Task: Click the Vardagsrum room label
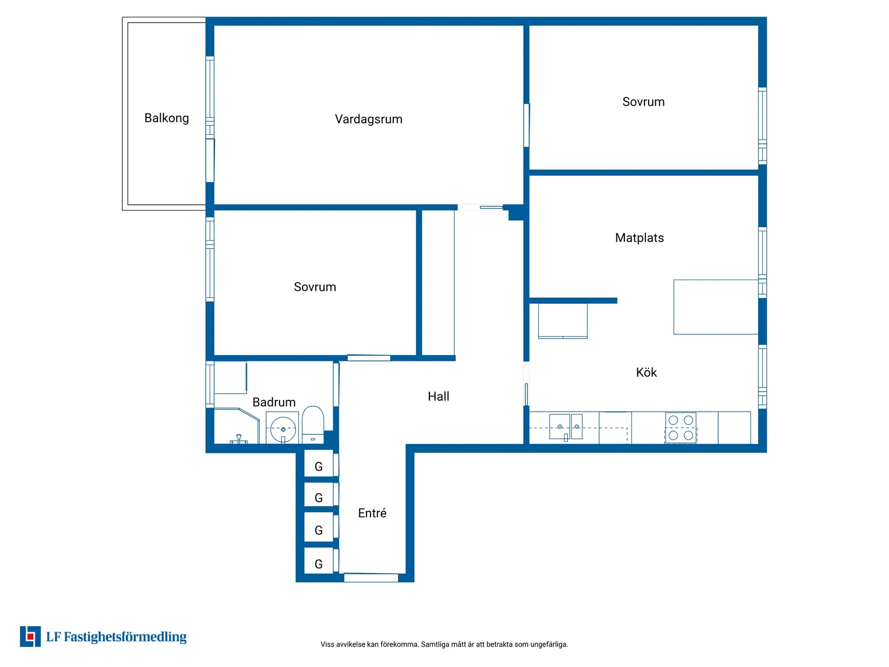pyautogui.click(x=368, y=119)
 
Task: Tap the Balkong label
pyautogui.click(x=166, y=118)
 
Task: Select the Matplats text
pyautogui.click(x=639, y=238)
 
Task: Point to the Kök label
pyautogui.click(x=646, y=372)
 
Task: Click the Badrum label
pyautogui.click(x=274, y=402)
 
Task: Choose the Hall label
pyautogui.click(x=438, y=397)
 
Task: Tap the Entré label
pyautogui.click(x=372, y=513)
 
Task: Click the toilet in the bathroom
pyautogui.click(x=312, y=425)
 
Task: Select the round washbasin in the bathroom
pyautogui.click(x=283, y=429)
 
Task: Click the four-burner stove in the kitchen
pyautogui.click(x=680, y=428)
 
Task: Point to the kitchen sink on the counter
pyautogui.click(x=565, y=427)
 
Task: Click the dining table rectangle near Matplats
pyautogui.click(x=716, y=307)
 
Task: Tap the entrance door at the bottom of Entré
pyautogui.click(x=371, y=578)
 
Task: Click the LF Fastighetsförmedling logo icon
pyautogui.click(x=30, y=637)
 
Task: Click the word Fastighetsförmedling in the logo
pyautogui.click(x=125, y=637)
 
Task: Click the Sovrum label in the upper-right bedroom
pyautogui.click(x=643, y=102)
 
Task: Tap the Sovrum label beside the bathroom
pyautogui.click(x=315, y=287)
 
